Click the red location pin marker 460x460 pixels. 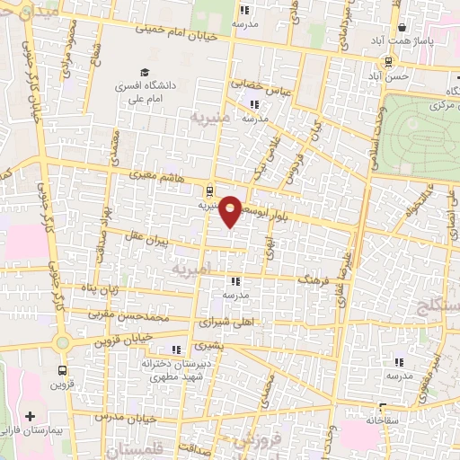(231, 209)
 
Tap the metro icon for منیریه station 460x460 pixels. (209, 190)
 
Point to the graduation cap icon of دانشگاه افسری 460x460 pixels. (144, 73)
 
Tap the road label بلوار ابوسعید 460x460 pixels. (276, 201)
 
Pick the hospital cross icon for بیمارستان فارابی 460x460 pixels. (32, 417)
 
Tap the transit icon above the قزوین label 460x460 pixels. (62, 369)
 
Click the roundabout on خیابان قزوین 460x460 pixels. (62, 342)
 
